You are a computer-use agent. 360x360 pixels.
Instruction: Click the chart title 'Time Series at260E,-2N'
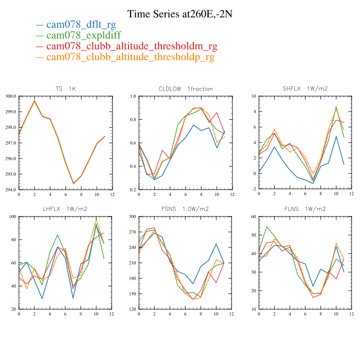click(179, 14)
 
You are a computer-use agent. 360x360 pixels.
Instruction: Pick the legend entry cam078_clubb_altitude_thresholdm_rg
click(131, 46)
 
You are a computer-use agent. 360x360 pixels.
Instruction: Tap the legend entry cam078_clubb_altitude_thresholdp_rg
click(130, 57)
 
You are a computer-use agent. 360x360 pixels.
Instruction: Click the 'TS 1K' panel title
click(65, 88)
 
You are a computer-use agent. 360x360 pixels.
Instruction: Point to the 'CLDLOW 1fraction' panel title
click(186, 88)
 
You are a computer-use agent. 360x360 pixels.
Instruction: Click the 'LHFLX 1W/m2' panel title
click(65, 209)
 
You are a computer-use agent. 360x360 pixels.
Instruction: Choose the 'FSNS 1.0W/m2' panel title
click(186, 209)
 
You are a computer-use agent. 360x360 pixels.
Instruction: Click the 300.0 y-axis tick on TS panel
click(10, 96)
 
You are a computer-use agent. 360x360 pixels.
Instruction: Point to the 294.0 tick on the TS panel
click(10, 190)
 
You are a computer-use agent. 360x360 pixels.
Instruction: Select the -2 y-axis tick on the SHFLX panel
click(254, 190)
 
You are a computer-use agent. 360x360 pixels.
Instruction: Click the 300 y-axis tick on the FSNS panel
click(132, 217)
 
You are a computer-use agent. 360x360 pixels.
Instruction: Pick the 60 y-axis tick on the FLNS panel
click(254, 217)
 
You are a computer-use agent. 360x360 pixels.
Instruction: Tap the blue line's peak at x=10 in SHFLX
click(336, 136)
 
